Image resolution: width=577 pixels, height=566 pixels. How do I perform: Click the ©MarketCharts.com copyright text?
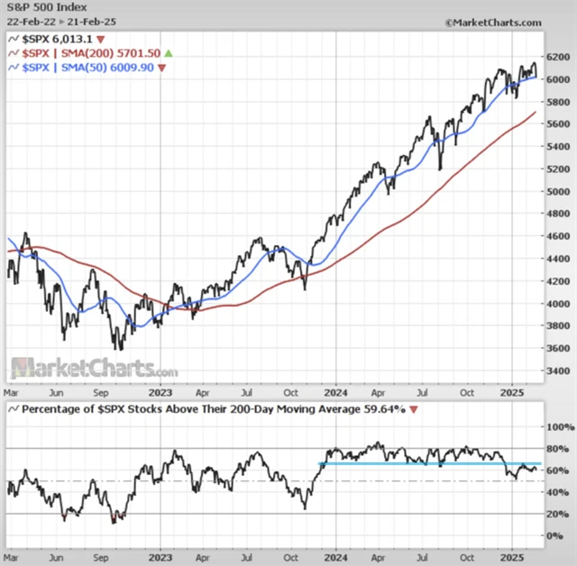tap(493, 21)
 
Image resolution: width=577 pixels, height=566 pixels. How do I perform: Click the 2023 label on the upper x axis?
tap(160, 393)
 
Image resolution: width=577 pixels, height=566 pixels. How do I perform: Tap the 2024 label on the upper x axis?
tap(335, 393)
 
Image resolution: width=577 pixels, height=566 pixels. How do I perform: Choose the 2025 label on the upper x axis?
tap(511, 393)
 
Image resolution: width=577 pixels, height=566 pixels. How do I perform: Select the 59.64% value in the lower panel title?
tap(385, 410)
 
